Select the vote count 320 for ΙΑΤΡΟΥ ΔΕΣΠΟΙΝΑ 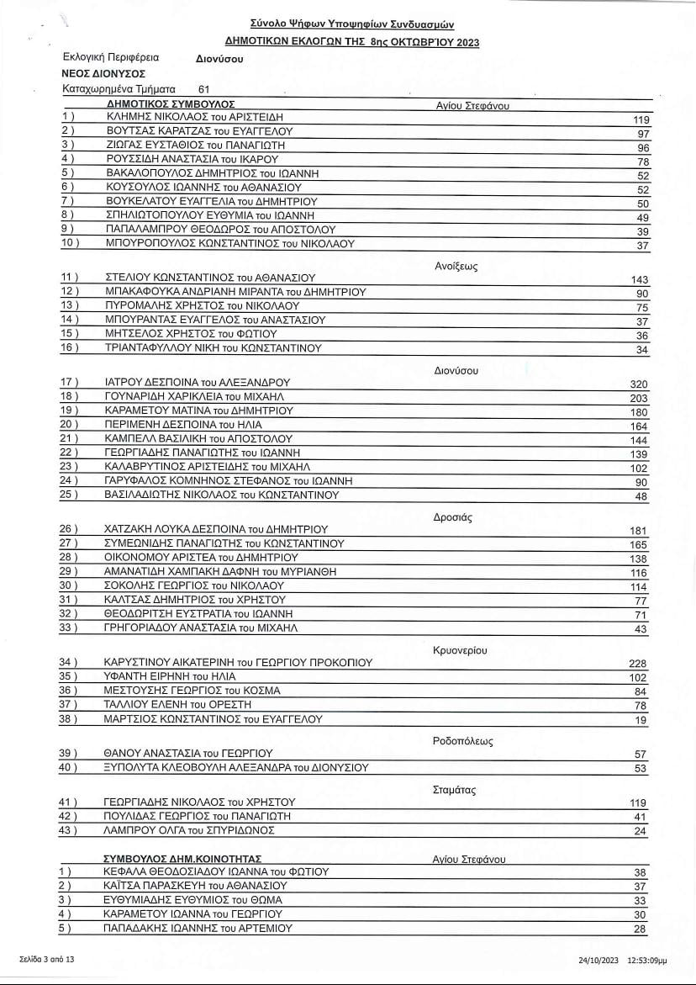click(639, 384)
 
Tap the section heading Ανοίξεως click(456, 266)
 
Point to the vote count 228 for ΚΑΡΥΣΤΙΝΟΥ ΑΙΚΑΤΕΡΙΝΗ click(639, 664)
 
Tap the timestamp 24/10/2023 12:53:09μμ click(622, 959)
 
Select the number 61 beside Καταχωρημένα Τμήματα click(204, 88)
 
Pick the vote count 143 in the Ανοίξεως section click(639, 280)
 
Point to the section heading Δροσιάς click(453, 517)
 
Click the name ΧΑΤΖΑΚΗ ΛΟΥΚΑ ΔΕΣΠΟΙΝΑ click(215, 529)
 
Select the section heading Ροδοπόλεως click(463, 741)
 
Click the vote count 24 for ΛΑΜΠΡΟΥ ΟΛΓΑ click(641, 832)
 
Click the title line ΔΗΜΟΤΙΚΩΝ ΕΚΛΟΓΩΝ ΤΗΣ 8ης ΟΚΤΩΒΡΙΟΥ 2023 click(352, 42)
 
